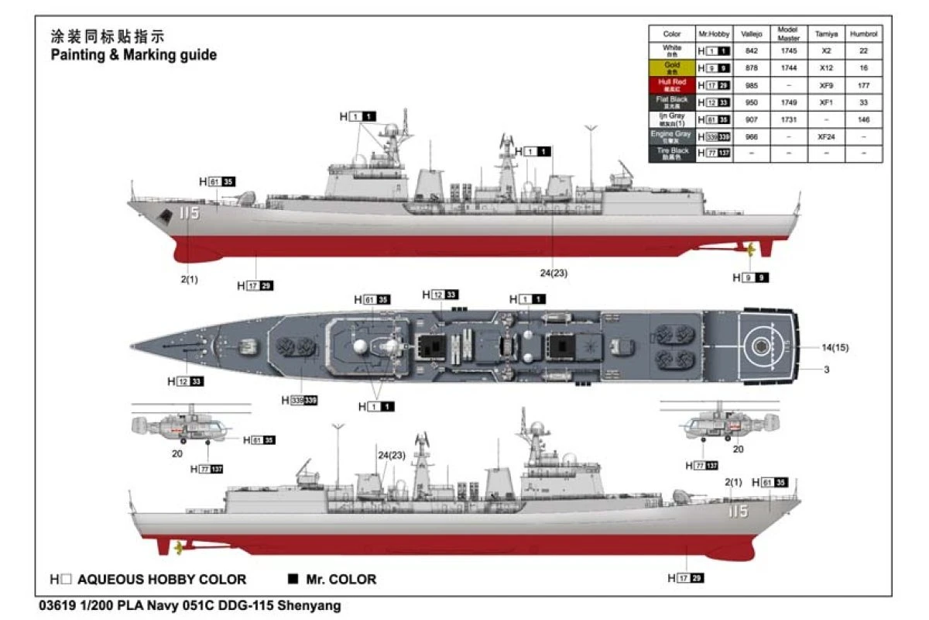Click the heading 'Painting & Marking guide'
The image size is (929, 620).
click(x=133, y=55)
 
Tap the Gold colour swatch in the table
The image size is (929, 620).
click(x=672, y=68)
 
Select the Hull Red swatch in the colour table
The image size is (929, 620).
click(x=672, y=85)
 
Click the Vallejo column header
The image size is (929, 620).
click(x=751, y=34)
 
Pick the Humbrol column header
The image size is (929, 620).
click(x=864, y=34)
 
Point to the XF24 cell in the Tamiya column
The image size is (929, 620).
click(x=825, y=136)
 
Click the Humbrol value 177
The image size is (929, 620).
click(x=864, y=85)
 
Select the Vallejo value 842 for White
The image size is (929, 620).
click(x=751, y=51)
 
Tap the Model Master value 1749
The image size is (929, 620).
click(x=788, y=102)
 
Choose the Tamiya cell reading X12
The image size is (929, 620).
click(x=825, y=68)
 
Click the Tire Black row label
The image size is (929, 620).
click(x=672, y=153)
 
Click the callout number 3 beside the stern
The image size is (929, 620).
click(x=827, y=370)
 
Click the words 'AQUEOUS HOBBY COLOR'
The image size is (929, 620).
click(x=162, y=579)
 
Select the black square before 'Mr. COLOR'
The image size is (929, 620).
click(x=293, y=579)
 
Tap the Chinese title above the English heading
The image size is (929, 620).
click(x=108, y=36)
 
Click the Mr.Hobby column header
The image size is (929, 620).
click(x=713, y=34)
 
